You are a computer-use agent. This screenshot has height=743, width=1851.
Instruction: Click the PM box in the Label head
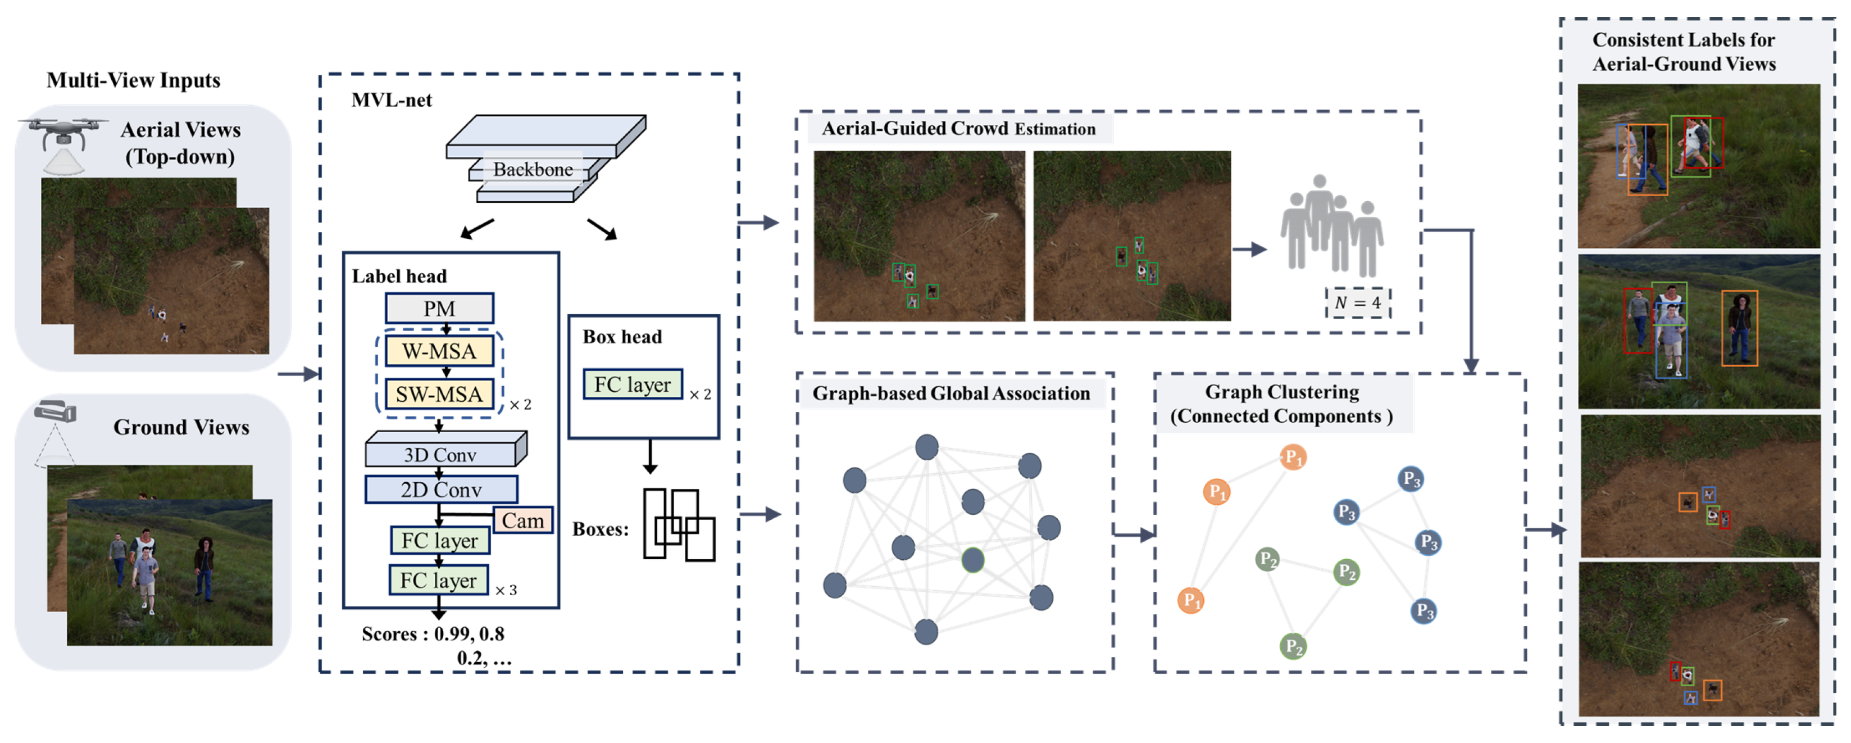(x=439, y=308)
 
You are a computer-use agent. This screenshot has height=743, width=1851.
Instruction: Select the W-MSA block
(x=439, y=351)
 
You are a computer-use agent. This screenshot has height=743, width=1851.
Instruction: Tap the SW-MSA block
(x=439, y=394)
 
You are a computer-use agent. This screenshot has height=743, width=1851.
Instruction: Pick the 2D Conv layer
(x=440, y=490)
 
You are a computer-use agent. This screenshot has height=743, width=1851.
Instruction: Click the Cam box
(x=522, y=520)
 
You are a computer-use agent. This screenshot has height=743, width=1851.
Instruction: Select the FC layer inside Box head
(x=633, y=384)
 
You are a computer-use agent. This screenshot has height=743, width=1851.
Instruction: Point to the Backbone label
(x=533, y=170)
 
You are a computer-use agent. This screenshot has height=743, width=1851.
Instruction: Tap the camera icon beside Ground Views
(x=55, y=413)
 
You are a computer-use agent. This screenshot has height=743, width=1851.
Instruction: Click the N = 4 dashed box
(x=1357, y=302)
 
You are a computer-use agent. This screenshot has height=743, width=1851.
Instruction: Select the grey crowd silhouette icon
(x=1331, y=224)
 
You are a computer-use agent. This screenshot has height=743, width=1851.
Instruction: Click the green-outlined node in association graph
(x=973, y=560)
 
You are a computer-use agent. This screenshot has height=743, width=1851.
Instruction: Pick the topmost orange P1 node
(x=1293, y=457)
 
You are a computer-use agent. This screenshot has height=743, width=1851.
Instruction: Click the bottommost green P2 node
(x=1293, y=646)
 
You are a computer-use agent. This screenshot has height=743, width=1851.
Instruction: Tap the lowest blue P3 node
(x=1424, y=611)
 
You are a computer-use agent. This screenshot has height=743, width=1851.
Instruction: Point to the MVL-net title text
(x=392, y=100)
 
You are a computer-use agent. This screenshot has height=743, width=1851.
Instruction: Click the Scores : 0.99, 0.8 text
(x=433, y=634)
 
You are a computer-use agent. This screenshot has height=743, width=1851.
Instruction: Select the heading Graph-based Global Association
(x=950, y=393)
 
